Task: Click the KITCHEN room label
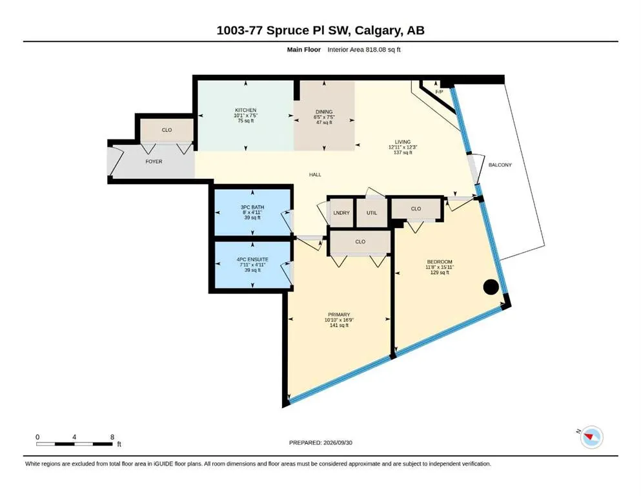(246, 110)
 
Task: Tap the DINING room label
(324, 112)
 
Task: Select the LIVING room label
(403, 142)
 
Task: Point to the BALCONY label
(500, 165)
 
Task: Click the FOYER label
(154, 161)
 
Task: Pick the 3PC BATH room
(252, 212)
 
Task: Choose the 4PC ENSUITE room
(252, 265)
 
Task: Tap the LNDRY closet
(341, 212)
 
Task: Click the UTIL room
(372, 212)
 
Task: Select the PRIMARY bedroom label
(339, 315)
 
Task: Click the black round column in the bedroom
(491, 287)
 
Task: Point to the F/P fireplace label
(439, 92)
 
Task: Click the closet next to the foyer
(167, 130)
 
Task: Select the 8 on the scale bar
(112, 437)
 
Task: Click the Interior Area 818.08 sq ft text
(364, 50)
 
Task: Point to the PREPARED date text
(320, 442)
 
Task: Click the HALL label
(315, 174)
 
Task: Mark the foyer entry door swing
(116, 161)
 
